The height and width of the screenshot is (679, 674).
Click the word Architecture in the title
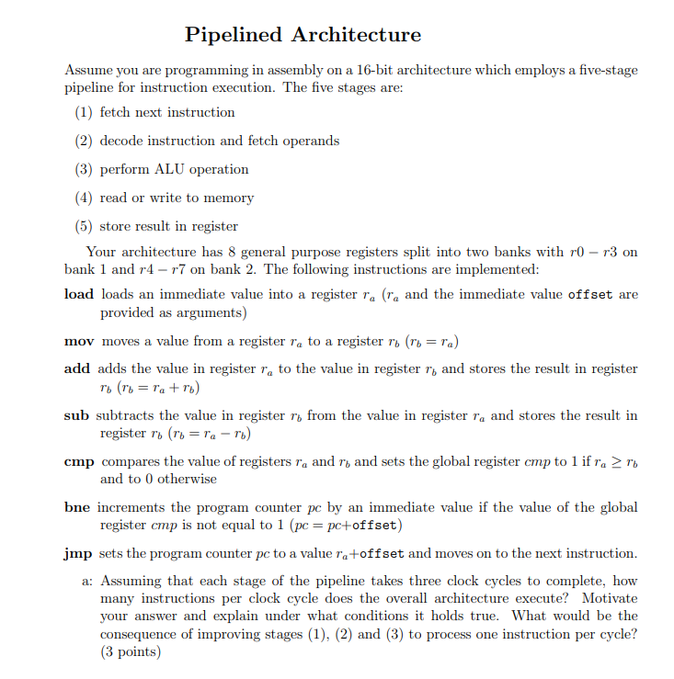click(356, 35)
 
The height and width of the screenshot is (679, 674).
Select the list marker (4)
click(85, 198)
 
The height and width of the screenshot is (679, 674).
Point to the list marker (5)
click(85, 226)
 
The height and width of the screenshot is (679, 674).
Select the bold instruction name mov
click(80, 342)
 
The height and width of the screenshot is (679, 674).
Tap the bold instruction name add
click(77, 368)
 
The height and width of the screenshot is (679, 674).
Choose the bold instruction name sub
click(76, 415)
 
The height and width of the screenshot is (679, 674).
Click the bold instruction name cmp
click(80, 462)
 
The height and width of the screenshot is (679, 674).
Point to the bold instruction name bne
click(78, 508)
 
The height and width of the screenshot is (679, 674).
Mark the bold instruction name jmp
click(79, 553)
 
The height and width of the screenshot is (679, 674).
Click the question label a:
click(88, 582)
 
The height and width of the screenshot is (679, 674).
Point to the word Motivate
click(608, 599)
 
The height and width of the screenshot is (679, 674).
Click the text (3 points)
click(130, 651)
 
